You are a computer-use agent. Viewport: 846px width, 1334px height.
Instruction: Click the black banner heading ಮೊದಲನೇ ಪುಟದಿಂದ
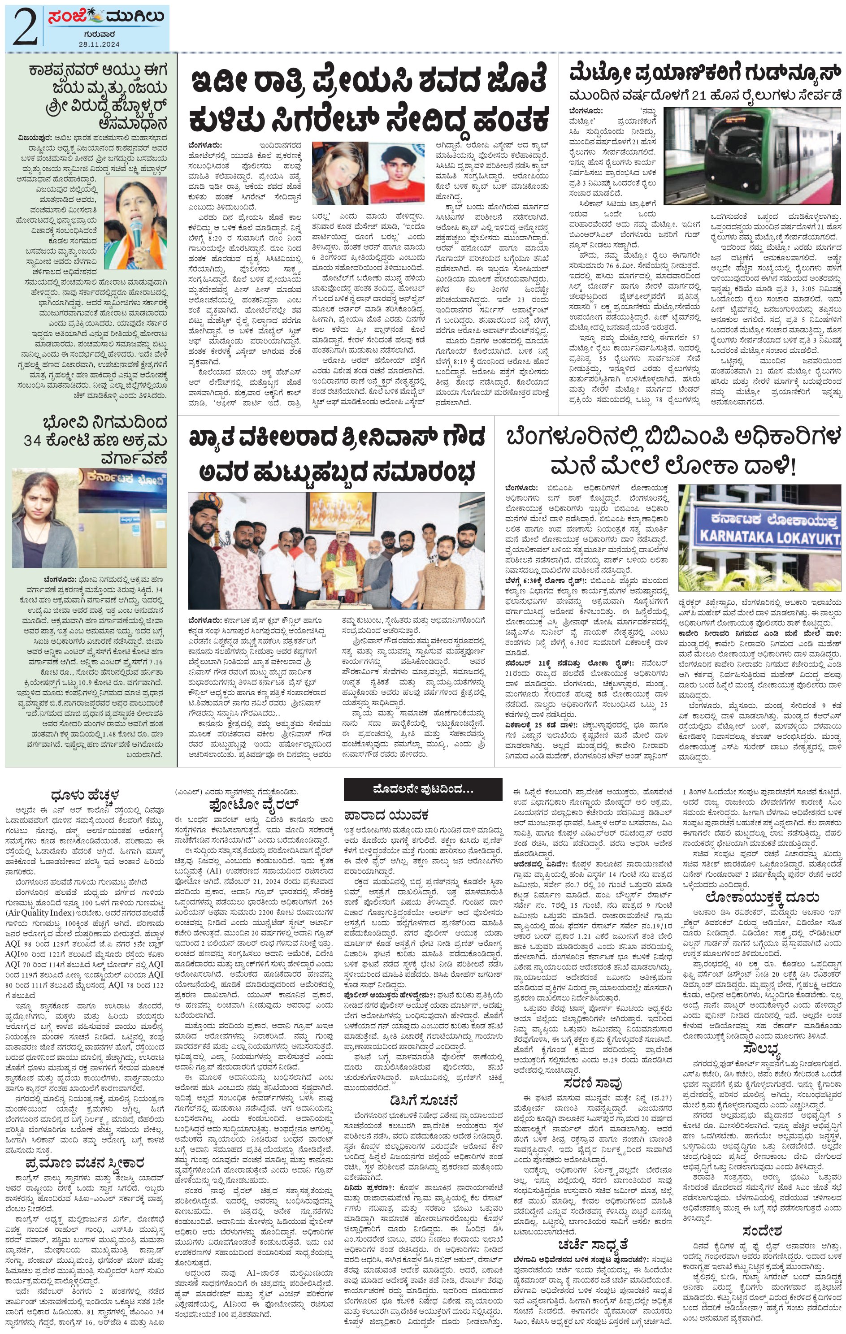pyautogui.click(x=423, y=789)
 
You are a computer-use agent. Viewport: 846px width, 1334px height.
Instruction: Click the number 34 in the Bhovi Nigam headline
pyautogui.click(x=35, y=441)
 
